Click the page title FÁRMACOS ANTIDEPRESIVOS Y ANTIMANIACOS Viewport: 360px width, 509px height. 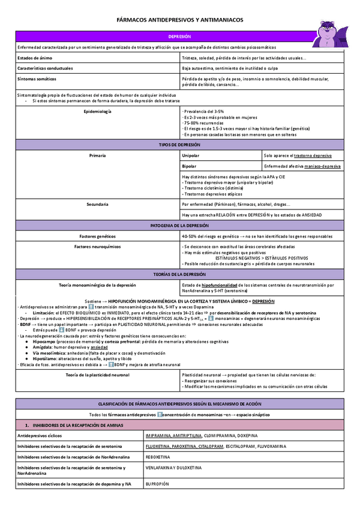[x=179, y=20]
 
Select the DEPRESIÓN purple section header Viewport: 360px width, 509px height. [x=179, y=37]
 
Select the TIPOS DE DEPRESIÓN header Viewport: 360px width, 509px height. [x=179, y=145]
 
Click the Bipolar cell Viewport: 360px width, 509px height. [x=189, y=166]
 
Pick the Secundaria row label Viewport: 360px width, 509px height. [x=97, y=205]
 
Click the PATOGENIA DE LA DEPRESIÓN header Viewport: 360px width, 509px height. [x=179, y=225]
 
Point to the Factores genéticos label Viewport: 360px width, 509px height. [x=97, y=236]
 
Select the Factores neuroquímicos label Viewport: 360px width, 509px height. [x=97, y=246]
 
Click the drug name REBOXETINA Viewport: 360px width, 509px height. [x=158, y=456]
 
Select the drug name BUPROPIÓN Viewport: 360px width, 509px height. [x=157, y=483]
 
